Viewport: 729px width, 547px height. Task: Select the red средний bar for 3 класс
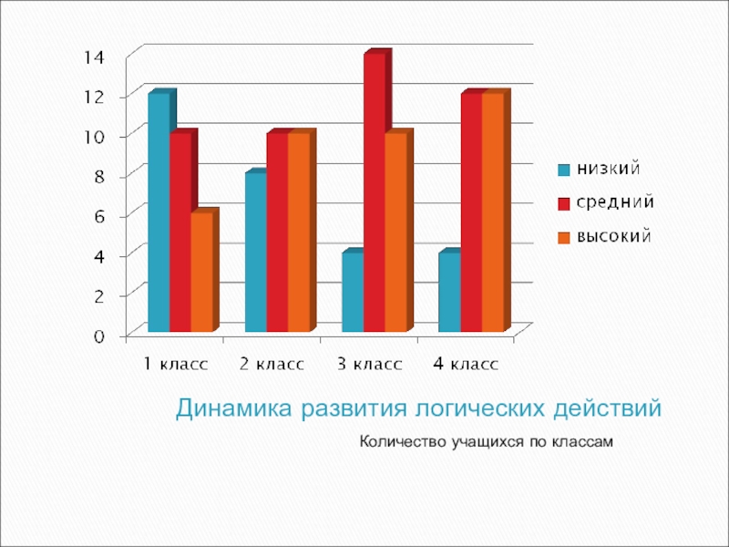374,192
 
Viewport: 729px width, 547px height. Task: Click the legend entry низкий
604,170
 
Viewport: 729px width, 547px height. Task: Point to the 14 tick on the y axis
94,57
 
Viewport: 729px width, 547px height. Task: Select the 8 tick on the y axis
98,176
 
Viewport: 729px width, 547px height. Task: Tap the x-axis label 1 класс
176,365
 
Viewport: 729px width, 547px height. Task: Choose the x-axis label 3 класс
369,365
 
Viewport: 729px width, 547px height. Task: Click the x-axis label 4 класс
466,365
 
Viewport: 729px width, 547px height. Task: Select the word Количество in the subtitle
400,443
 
